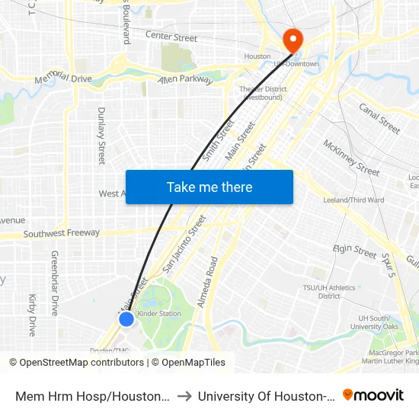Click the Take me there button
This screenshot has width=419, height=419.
pos(209,187)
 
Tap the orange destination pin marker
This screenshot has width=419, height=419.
pos(292,40)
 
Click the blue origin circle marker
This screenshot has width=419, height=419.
pos(126,319)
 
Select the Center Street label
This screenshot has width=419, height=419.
pos(171,37)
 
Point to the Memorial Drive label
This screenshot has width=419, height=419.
pos(63,78)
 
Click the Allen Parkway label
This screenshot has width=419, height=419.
pos(186,79)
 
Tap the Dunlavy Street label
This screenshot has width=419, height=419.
pos(101,136)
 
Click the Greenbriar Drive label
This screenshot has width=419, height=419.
pos(55,283)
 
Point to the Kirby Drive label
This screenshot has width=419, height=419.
pos(32,315)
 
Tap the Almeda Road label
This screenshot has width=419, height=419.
pos(206,282)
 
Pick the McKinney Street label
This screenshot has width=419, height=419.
pos(351,158)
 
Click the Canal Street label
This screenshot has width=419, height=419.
pos(379,118)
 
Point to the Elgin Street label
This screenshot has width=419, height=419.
pos(355,251)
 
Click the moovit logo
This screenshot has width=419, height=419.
pos(373,395)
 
